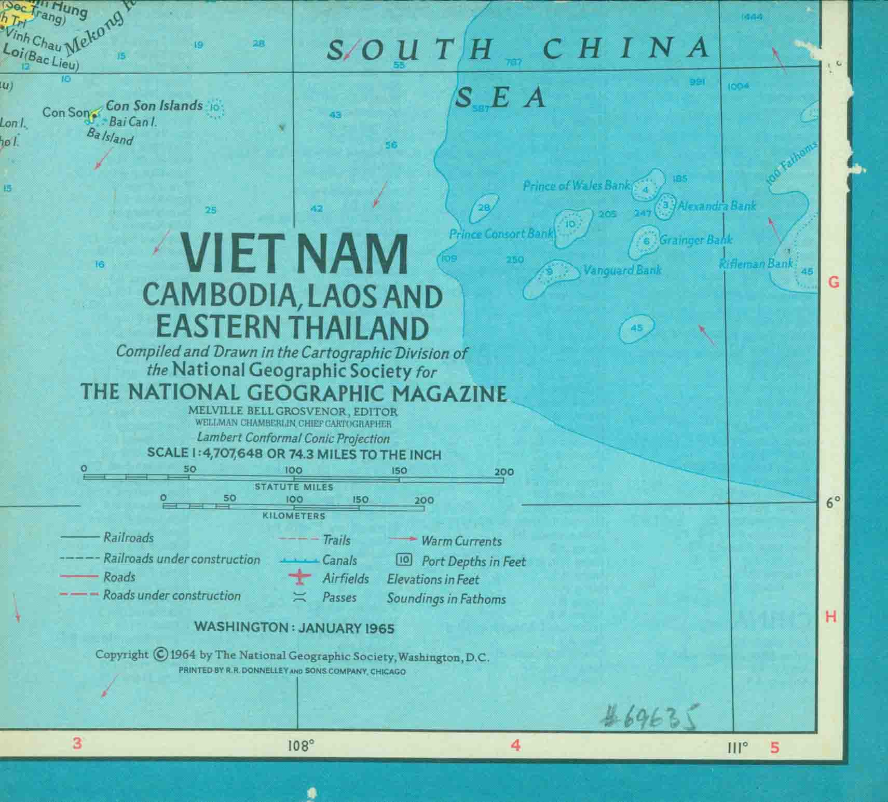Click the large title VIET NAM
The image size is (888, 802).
click(294, 254)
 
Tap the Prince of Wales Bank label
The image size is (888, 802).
click(576, 185)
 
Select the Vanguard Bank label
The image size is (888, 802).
click(622, 270)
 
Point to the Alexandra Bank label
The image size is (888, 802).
click(717, 206)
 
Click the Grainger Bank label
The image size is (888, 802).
click(695, 240)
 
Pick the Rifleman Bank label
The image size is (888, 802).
click(756, 264)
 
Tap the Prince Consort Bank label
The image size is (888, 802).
click(501, 234)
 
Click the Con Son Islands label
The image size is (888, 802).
click(154, 105)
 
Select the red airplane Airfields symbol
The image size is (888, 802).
click(299, 579)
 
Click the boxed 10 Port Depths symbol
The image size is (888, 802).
click(404, 560)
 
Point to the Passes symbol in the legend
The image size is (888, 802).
click(299, 597)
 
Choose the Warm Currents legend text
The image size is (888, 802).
click(461, 541)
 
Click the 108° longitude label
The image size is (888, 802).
click(301, 746)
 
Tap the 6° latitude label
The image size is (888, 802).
click(833, 502)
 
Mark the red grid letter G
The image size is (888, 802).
click(834, 282)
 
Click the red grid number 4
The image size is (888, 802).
click(515, 745)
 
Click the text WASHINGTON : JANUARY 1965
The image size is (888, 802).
click(294, 628)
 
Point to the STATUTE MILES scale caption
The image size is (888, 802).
click(294, 487)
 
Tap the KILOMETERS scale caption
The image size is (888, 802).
click(294, 516)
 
